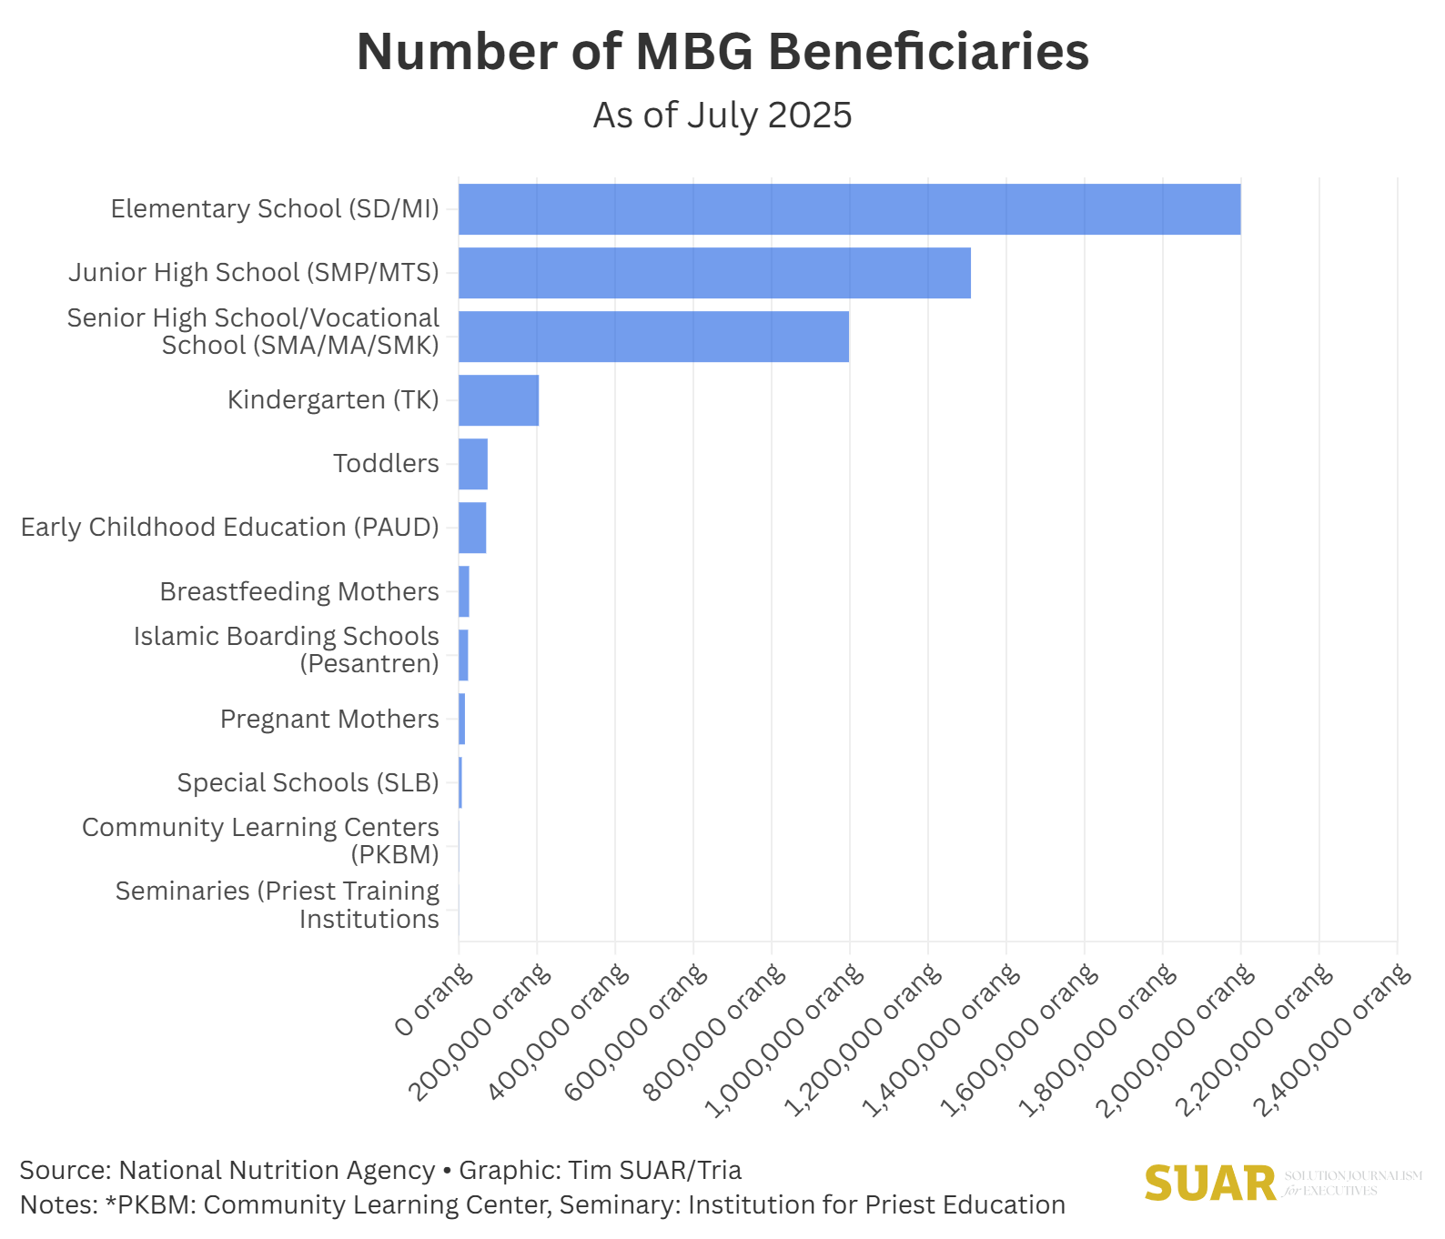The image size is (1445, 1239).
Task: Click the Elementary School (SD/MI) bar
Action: (849, 209)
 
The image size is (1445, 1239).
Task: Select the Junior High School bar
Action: (714, 273)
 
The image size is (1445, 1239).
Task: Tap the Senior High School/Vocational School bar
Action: (653, 337)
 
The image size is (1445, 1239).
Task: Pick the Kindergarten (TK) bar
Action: (499, 400)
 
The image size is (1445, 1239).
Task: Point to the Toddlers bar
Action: (473, 464)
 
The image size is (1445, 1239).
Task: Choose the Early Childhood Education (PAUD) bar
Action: (472, 528)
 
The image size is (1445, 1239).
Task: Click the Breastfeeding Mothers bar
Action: (464, 591)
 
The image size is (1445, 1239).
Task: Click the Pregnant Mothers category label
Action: (329, 719)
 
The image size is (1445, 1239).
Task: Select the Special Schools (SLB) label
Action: (308, 782)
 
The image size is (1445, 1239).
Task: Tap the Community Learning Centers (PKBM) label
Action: (260, 841)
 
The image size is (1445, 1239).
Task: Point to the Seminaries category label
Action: (278, 904)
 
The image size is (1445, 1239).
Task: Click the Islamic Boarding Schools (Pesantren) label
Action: (286, 650)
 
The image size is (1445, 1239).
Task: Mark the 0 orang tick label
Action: (435, 1001)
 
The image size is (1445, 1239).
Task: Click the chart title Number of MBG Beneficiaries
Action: (722, 52)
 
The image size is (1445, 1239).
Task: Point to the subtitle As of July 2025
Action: (722, 116)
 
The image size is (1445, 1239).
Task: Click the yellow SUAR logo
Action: (1210, 1184)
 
